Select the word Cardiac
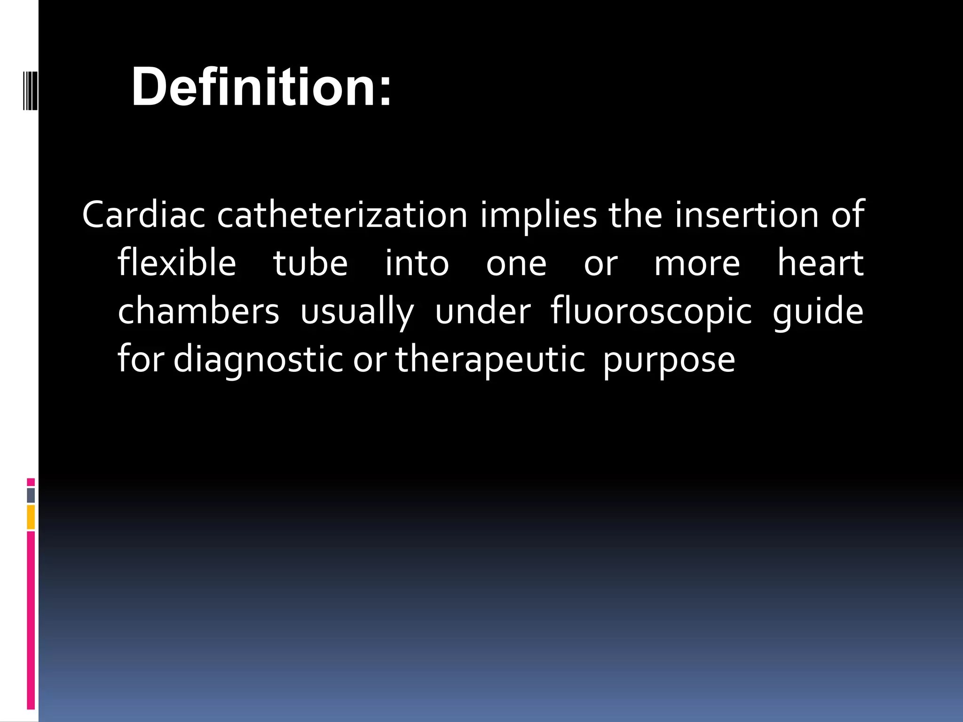pos(143,215)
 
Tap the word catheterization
pos(342,215)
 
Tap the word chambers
pos(198,311)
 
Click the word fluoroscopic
pos(651,312)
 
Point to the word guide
pos(818,312)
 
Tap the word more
pos(697,263)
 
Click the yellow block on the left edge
pos(31,517)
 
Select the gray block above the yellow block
pos(31,495)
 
